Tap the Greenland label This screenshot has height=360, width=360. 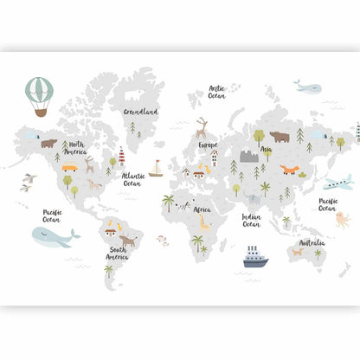pyautogui.click(x=140, y=112)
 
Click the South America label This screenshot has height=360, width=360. pyautogui.click(x=118, y=254)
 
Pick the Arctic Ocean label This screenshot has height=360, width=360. pyautogui.click(x=216, y=92)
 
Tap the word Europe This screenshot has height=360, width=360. pyautogui.click(x=208, y=145)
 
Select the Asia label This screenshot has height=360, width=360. pyautogui.click(x=267, y=150)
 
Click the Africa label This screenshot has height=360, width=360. pyautogui.click(x=202, y=209)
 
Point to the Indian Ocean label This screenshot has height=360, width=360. pyautogui.click(x=251, y=221)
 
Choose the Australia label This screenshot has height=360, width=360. pyautogui.click(x=312, y=242)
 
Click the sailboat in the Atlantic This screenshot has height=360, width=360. pyautogui.click(x=156, y=169)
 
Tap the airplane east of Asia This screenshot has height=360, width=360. pyautogui.click(x=337, y=183)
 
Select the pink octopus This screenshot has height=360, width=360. pyautogui.click(x=343, y=219)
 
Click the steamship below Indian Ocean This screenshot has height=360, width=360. pyautogui.click(x=255, y=256)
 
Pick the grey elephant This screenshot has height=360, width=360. pyautogui.click(x=251, y=200)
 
